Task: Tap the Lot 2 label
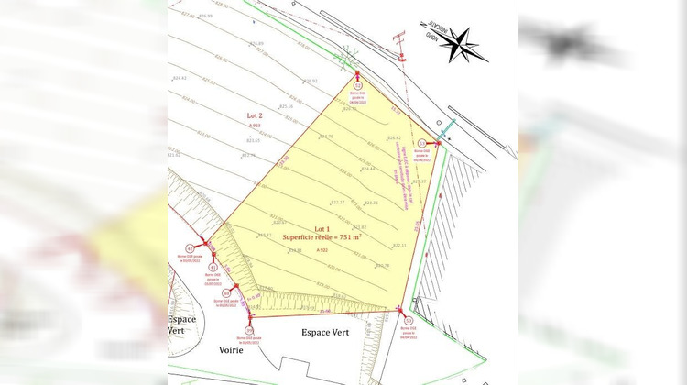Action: tap(255, 115)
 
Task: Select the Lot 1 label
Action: tap(321, 228)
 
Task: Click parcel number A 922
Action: tap(322, 249)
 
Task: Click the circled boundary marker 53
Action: tap(422, 143)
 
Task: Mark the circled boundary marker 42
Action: tap(191, 248)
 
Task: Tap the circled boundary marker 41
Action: tap(213, 267)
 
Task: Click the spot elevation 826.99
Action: tap(204, 16)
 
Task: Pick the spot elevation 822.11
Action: tap(399, 246)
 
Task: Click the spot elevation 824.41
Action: tap(179, 78)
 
